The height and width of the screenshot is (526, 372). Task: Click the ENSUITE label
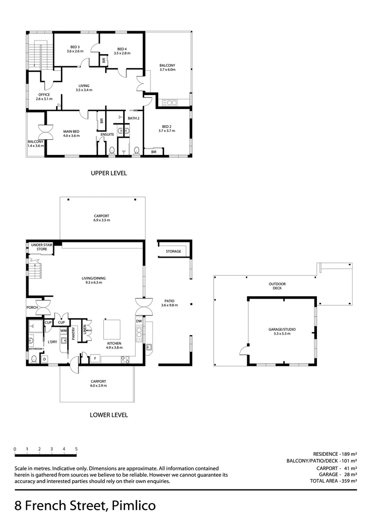click(x=107, y=134)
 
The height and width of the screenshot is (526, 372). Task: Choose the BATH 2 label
click(x=133, y=118)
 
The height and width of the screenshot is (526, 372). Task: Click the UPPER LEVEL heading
click(x=109, y=173)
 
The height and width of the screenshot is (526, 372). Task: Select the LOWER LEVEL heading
click(x=109, y=415)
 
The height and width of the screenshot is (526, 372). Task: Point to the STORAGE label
click(x=173, y=251)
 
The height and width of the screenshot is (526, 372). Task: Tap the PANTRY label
click(x=74, y=334)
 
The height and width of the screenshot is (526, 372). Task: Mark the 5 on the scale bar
click(x=76, y=449)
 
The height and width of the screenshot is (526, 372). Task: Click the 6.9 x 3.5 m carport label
click(x=102, y=218)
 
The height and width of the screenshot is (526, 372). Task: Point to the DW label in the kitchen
click(x=139, y=321)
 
